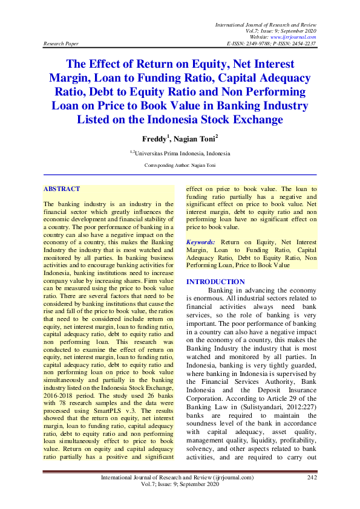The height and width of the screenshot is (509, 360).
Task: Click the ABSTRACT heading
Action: pyautogui.click(x=62, y=189)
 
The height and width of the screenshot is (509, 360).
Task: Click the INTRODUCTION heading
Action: pyautogui.click(x=215, y=282)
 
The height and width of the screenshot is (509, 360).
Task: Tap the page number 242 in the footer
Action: pyautogui.click(x=312, y=478)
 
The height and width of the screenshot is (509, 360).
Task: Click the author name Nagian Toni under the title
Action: pyautogui.click(x=199, y=138)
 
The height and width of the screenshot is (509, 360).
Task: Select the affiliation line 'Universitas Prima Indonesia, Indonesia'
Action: pyautogui.click(x=181, y=154)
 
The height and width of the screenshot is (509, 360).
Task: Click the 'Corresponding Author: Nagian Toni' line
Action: pyautogui.click(x=180, y=165)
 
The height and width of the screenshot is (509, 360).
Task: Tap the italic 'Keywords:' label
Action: pyautogui.click(x=200, y=241)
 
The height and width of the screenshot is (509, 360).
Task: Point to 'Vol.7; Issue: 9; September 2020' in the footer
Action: pyautogui.click(x=180, y=485)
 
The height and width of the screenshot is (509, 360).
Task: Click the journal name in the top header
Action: pyautogui.click(x=266, y=23)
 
